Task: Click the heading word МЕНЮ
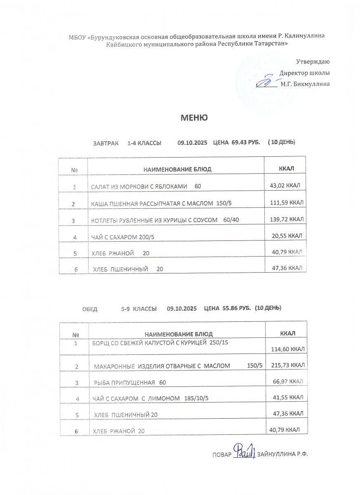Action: point(194,118)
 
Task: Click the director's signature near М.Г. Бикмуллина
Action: point(267,81)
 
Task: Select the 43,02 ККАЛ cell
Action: point(284,186)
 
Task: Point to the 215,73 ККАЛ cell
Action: point(288,365)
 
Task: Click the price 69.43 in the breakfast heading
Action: point(239,142)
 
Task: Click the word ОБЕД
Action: point(90,309)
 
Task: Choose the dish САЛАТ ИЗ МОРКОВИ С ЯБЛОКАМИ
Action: point(139,186)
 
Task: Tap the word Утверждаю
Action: point(313,62)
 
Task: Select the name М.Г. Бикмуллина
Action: point(305,84)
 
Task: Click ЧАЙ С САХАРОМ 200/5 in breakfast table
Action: point(125,237)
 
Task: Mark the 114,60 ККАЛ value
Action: point(288,349)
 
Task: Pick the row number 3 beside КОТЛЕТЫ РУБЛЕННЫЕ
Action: point(74,221)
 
